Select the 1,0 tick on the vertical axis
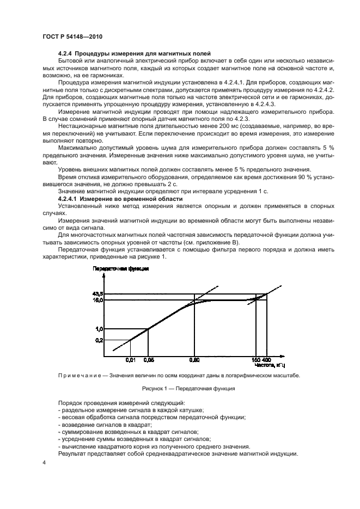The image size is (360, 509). pyautogui.click(x=98, y=329)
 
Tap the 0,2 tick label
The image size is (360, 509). pyautogui.click(x=98, y=340)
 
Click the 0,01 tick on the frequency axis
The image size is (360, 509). pyautogui.click(x=130, y=360)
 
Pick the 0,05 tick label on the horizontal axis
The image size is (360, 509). pyautogui.click(x=148, y=360)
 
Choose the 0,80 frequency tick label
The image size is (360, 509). pyautogui.click(x=194, y=360)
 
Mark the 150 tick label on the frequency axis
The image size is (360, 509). pyautogui.click(x=255, y=360)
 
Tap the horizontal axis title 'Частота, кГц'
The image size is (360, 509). pyautogui.click(x=270, y=365)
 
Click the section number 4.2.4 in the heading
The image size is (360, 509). pyautogui.click(x=65, y=54)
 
